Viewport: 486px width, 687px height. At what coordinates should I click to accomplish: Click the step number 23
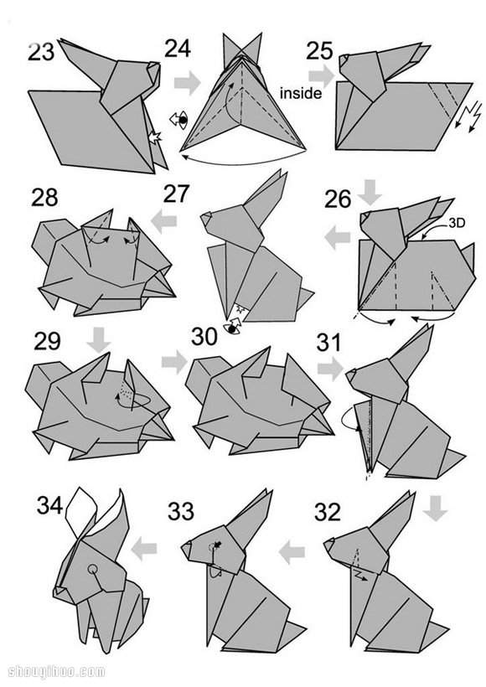[x=41, y=52]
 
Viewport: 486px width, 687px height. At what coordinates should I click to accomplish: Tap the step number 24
[x=178, y=49]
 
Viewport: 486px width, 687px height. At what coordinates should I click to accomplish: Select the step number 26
[x=338, y=199]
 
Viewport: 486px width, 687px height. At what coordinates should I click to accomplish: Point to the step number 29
[x=47, y=341]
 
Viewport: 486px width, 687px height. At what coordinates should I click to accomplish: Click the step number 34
[x=50, y=505]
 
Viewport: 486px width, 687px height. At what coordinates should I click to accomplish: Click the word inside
[x=301, y=93]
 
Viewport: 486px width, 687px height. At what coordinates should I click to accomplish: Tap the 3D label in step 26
[x=457, y=223]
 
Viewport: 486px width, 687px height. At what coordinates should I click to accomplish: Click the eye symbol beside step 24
[x=179, y=120]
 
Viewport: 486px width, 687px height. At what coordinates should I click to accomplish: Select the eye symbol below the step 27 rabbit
[x=232, y=328]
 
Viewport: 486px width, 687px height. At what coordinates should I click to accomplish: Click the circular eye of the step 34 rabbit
[x=92, y=569]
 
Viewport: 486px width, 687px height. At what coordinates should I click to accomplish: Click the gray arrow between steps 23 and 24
[x=187, y=82]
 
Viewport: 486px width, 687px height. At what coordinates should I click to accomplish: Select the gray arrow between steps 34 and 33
[x=144, y=549]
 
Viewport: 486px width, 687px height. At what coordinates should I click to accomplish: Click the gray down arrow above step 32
[x=436, y=509]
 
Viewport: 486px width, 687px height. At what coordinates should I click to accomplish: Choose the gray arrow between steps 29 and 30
[x=174, y=362]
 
